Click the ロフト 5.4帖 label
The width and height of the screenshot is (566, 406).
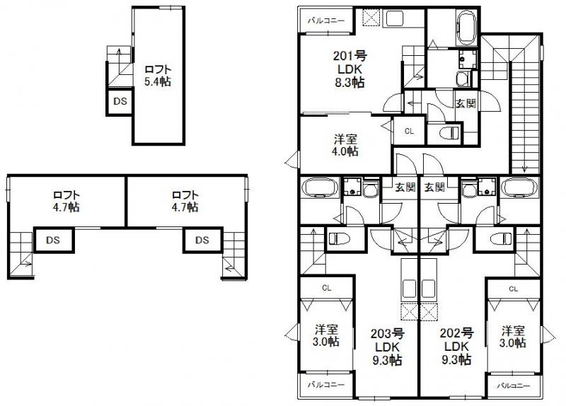pos(157,75)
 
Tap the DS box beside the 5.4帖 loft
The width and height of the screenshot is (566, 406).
pos(120,101)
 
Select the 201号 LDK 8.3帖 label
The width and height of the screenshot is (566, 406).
pos(350,69)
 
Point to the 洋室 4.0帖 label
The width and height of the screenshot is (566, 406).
pos(345,145)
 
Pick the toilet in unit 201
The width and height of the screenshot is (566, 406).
pos(450,132)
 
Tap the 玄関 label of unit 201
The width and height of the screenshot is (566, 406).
pos(466,103)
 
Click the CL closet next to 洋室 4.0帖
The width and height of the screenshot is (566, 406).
pos(409,130)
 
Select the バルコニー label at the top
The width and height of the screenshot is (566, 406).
pos(326,21)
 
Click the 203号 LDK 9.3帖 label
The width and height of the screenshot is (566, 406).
pos(387,347)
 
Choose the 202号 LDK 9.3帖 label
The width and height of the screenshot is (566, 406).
pos(456,347)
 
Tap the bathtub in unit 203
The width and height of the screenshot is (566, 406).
pos(320,187)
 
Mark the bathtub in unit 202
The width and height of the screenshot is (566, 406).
pos(520,187)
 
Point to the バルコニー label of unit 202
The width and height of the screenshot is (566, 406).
pos(514,385)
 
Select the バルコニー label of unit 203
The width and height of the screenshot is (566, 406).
pos(326,385)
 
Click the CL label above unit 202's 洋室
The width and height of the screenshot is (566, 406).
pos(513,289)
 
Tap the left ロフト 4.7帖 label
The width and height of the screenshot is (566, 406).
pos(67,201)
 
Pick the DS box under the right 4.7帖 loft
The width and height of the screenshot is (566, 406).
pos(202,240)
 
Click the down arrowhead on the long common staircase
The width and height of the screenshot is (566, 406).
pos(524,169)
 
